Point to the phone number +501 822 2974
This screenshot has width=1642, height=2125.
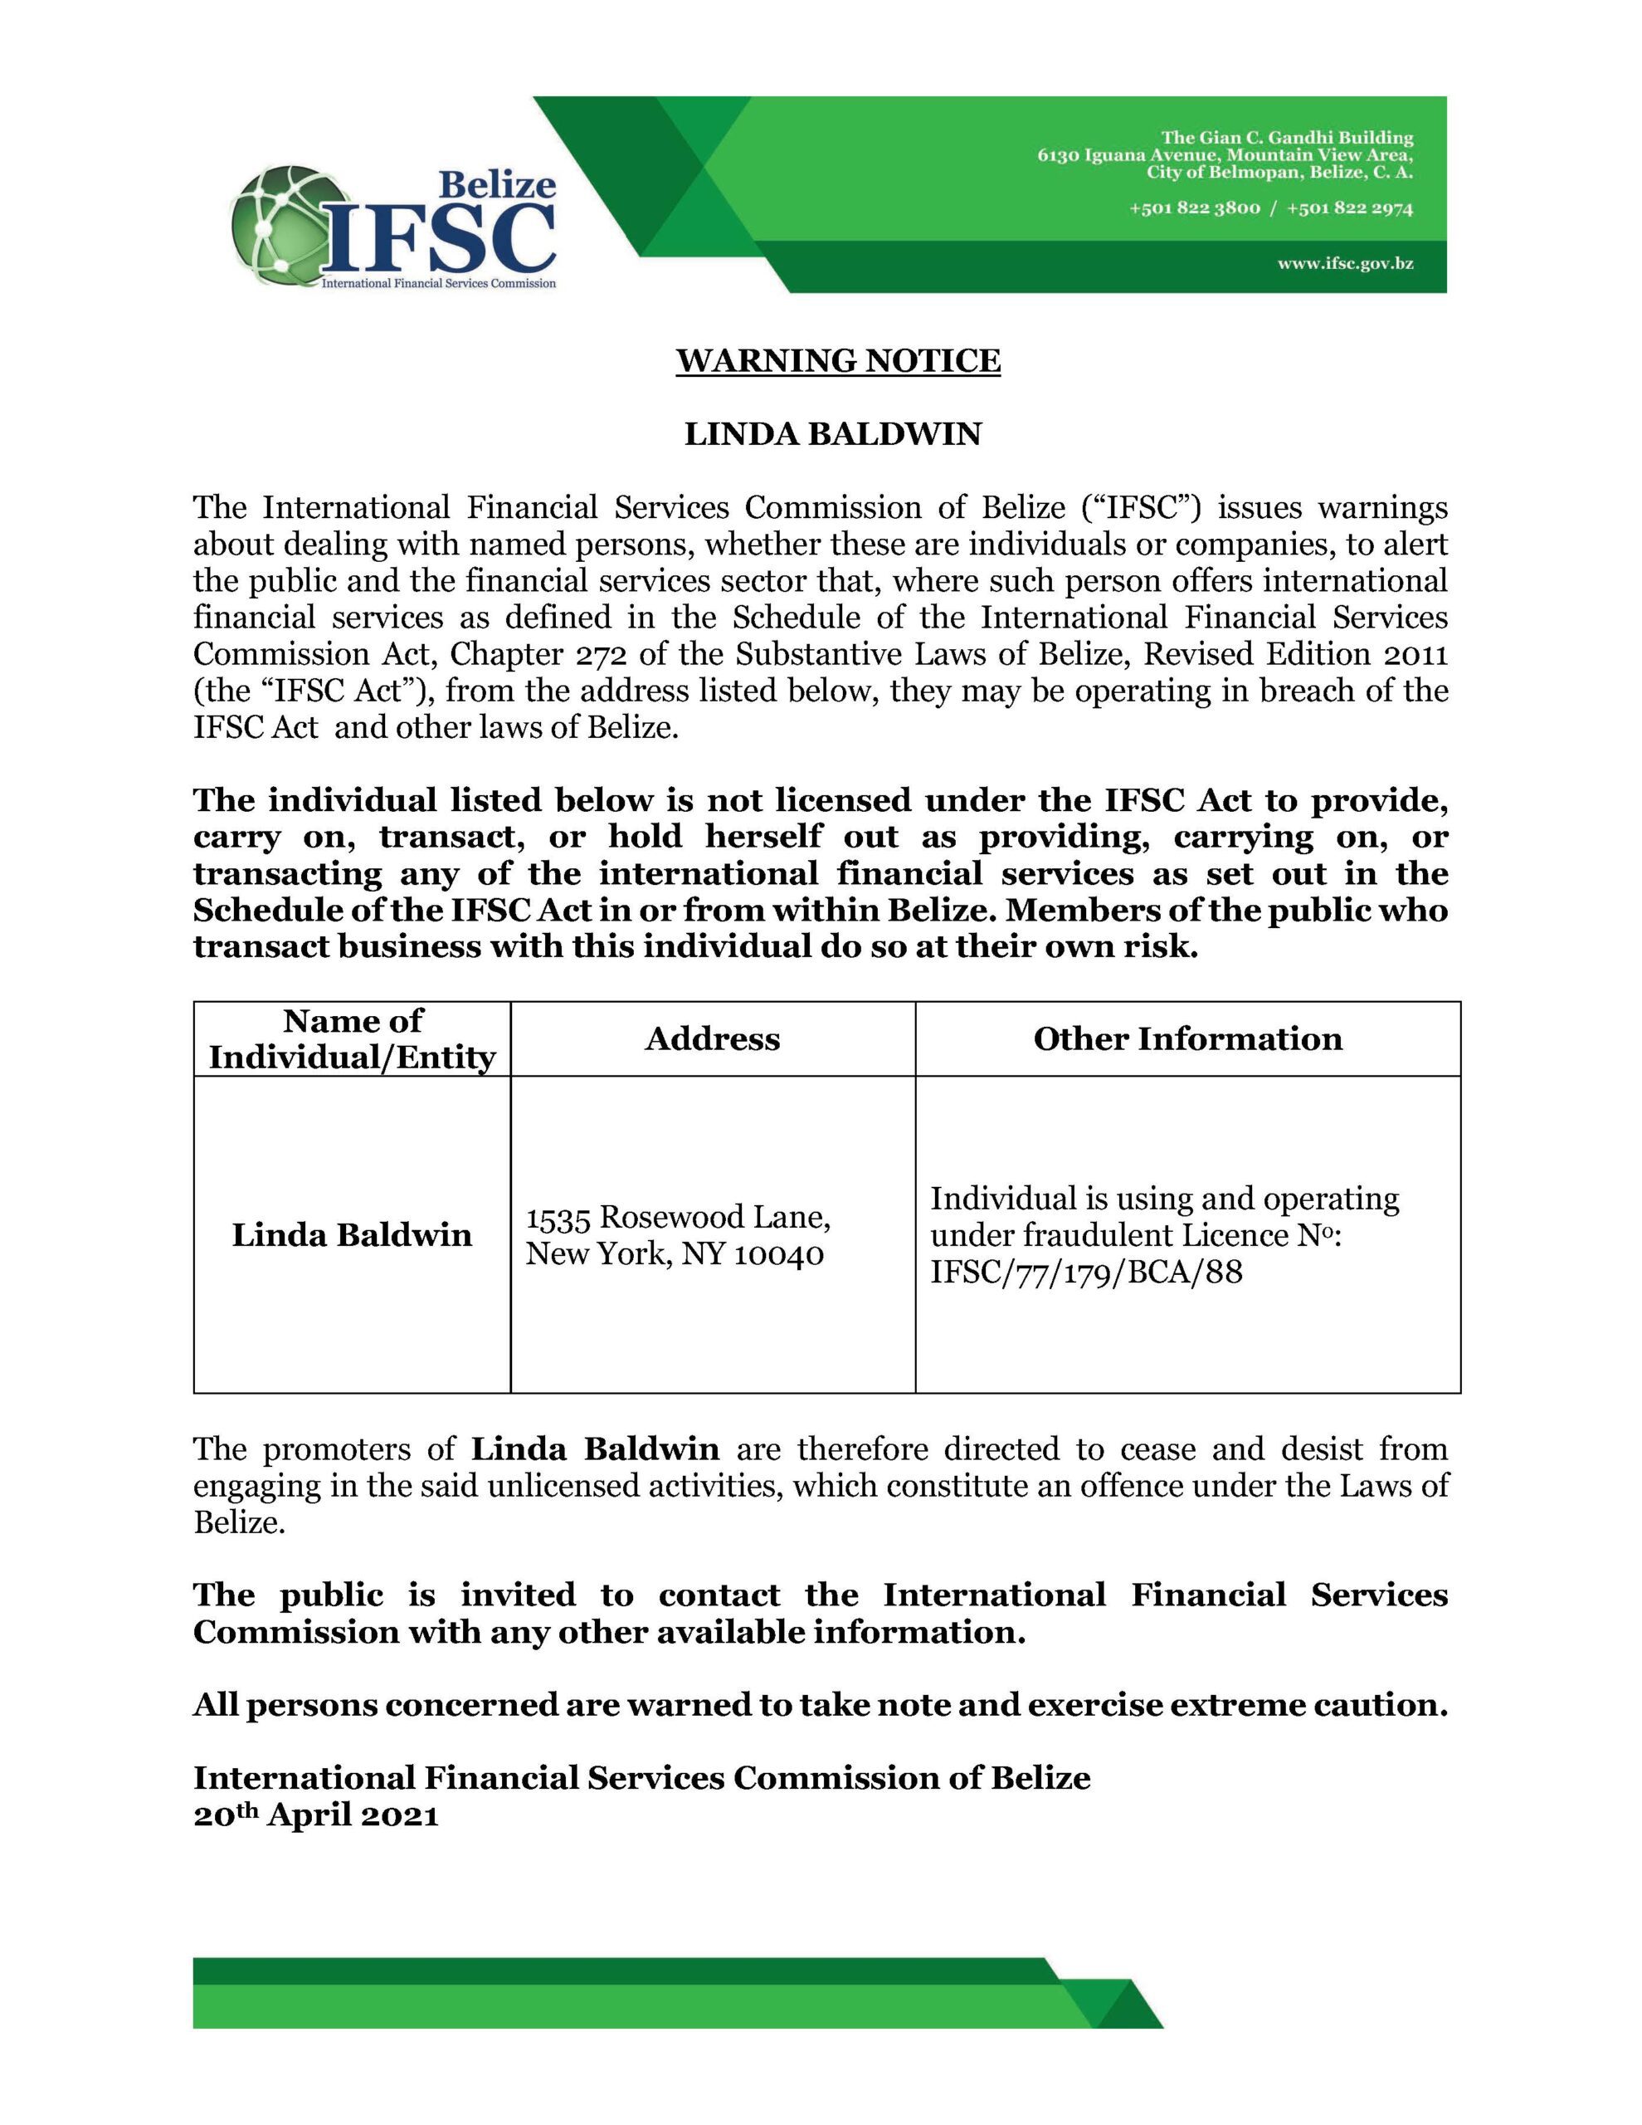point(1349,208)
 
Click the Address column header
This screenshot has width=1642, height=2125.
point(712,1039)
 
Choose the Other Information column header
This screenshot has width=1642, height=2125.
point(1186,1039)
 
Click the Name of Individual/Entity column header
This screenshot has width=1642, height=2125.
point(352,1039)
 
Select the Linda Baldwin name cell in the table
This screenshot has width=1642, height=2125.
point(352,1234)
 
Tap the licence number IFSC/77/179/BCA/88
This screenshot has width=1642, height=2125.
point(1087,1272)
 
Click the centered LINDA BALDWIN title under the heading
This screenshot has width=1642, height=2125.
point(833,434)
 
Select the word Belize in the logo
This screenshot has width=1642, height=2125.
point(498,184)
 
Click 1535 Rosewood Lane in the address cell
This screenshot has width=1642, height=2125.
point(678,1217)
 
